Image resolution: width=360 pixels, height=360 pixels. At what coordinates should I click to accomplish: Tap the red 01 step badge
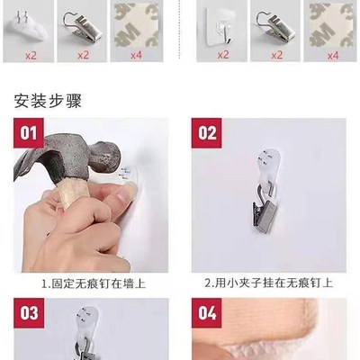click(x=29, y=134)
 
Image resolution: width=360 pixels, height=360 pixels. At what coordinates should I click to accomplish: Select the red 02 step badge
click(x=208, y=134)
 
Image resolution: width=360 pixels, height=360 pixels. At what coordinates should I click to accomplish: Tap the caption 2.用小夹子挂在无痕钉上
click(x=267, y=283)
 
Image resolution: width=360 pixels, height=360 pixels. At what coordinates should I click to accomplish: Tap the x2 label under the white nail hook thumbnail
click(x=29, y=55)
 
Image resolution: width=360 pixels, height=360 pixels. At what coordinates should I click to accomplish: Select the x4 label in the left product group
click(x=135, y=55)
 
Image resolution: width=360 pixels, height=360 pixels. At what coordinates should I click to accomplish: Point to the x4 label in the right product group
click(x=332, y=55)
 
